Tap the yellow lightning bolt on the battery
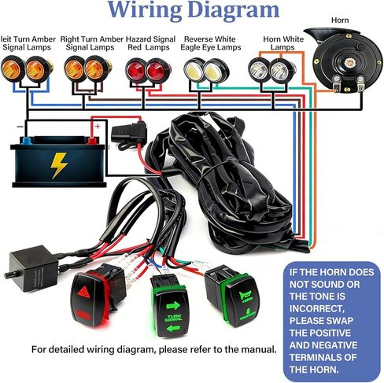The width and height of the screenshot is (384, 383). point(59,164)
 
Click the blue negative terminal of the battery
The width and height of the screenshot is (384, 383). point(28,142)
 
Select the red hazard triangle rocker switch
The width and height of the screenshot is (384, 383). point(92,300)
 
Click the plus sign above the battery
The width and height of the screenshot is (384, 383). point(96,124)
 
